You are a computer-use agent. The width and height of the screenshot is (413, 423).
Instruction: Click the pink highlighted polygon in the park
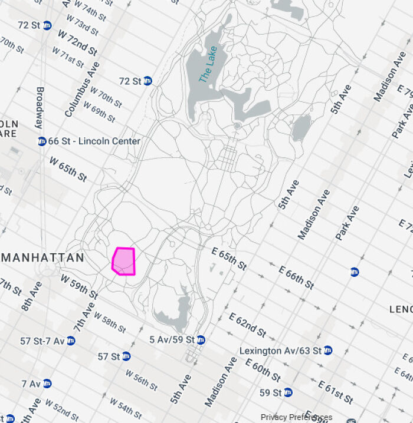click(x=124, y=261)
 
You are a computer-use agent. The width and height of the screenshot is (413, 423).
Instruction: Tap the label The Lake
click(x=208, y=65)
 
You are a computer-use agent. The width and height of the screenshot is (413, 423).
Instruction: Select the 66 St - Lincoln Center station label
click(x=94, y=141)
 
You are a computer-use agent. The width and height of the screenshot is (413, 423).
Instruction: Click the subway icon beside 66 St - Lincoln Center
click(x=42, y=141)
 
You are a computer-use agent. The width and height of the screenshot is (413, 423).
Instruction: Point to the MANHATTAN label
click(x=43, y=258)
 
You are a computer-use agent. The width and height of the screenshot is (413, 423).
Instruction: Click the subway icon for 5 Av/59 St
click(x=201, y=340)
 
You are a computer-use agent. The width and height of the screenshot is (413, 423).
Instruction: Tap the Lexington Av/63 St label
click(x=280, y=351)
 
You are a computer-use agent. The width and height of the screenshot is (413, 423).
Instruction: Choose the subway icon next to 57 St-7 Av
click(x=71, y=341)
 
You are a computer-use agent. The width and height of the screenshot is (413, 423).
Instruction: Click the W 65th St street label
click(x=68, y=169)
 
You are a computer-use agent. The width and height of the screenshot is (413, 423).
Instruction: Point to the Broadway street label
click(x=40, y=108)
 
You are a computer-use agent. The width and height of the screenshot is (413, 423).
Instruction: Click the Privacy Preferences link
click(x=296, y=417)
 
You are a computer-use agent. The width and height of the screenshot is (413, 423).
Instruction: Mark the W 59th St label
click(x=78, y=286)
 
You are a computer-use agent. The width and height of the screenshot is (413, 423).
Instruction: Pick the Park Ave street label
click(x=347, y=223)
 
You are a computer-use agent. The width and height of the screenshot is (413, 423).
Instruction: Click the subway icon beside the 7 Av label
click(x=47, y=384)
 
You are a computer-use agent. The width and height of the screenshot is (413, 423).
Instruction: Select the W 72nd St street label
click(x=77, y=42)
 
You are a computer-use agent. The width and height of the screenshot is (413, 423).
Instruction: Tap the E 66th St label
click(x=296, y=277)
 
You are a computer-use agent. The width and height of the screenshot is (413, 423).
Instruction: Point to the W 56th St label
click(x=142, y=379)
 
